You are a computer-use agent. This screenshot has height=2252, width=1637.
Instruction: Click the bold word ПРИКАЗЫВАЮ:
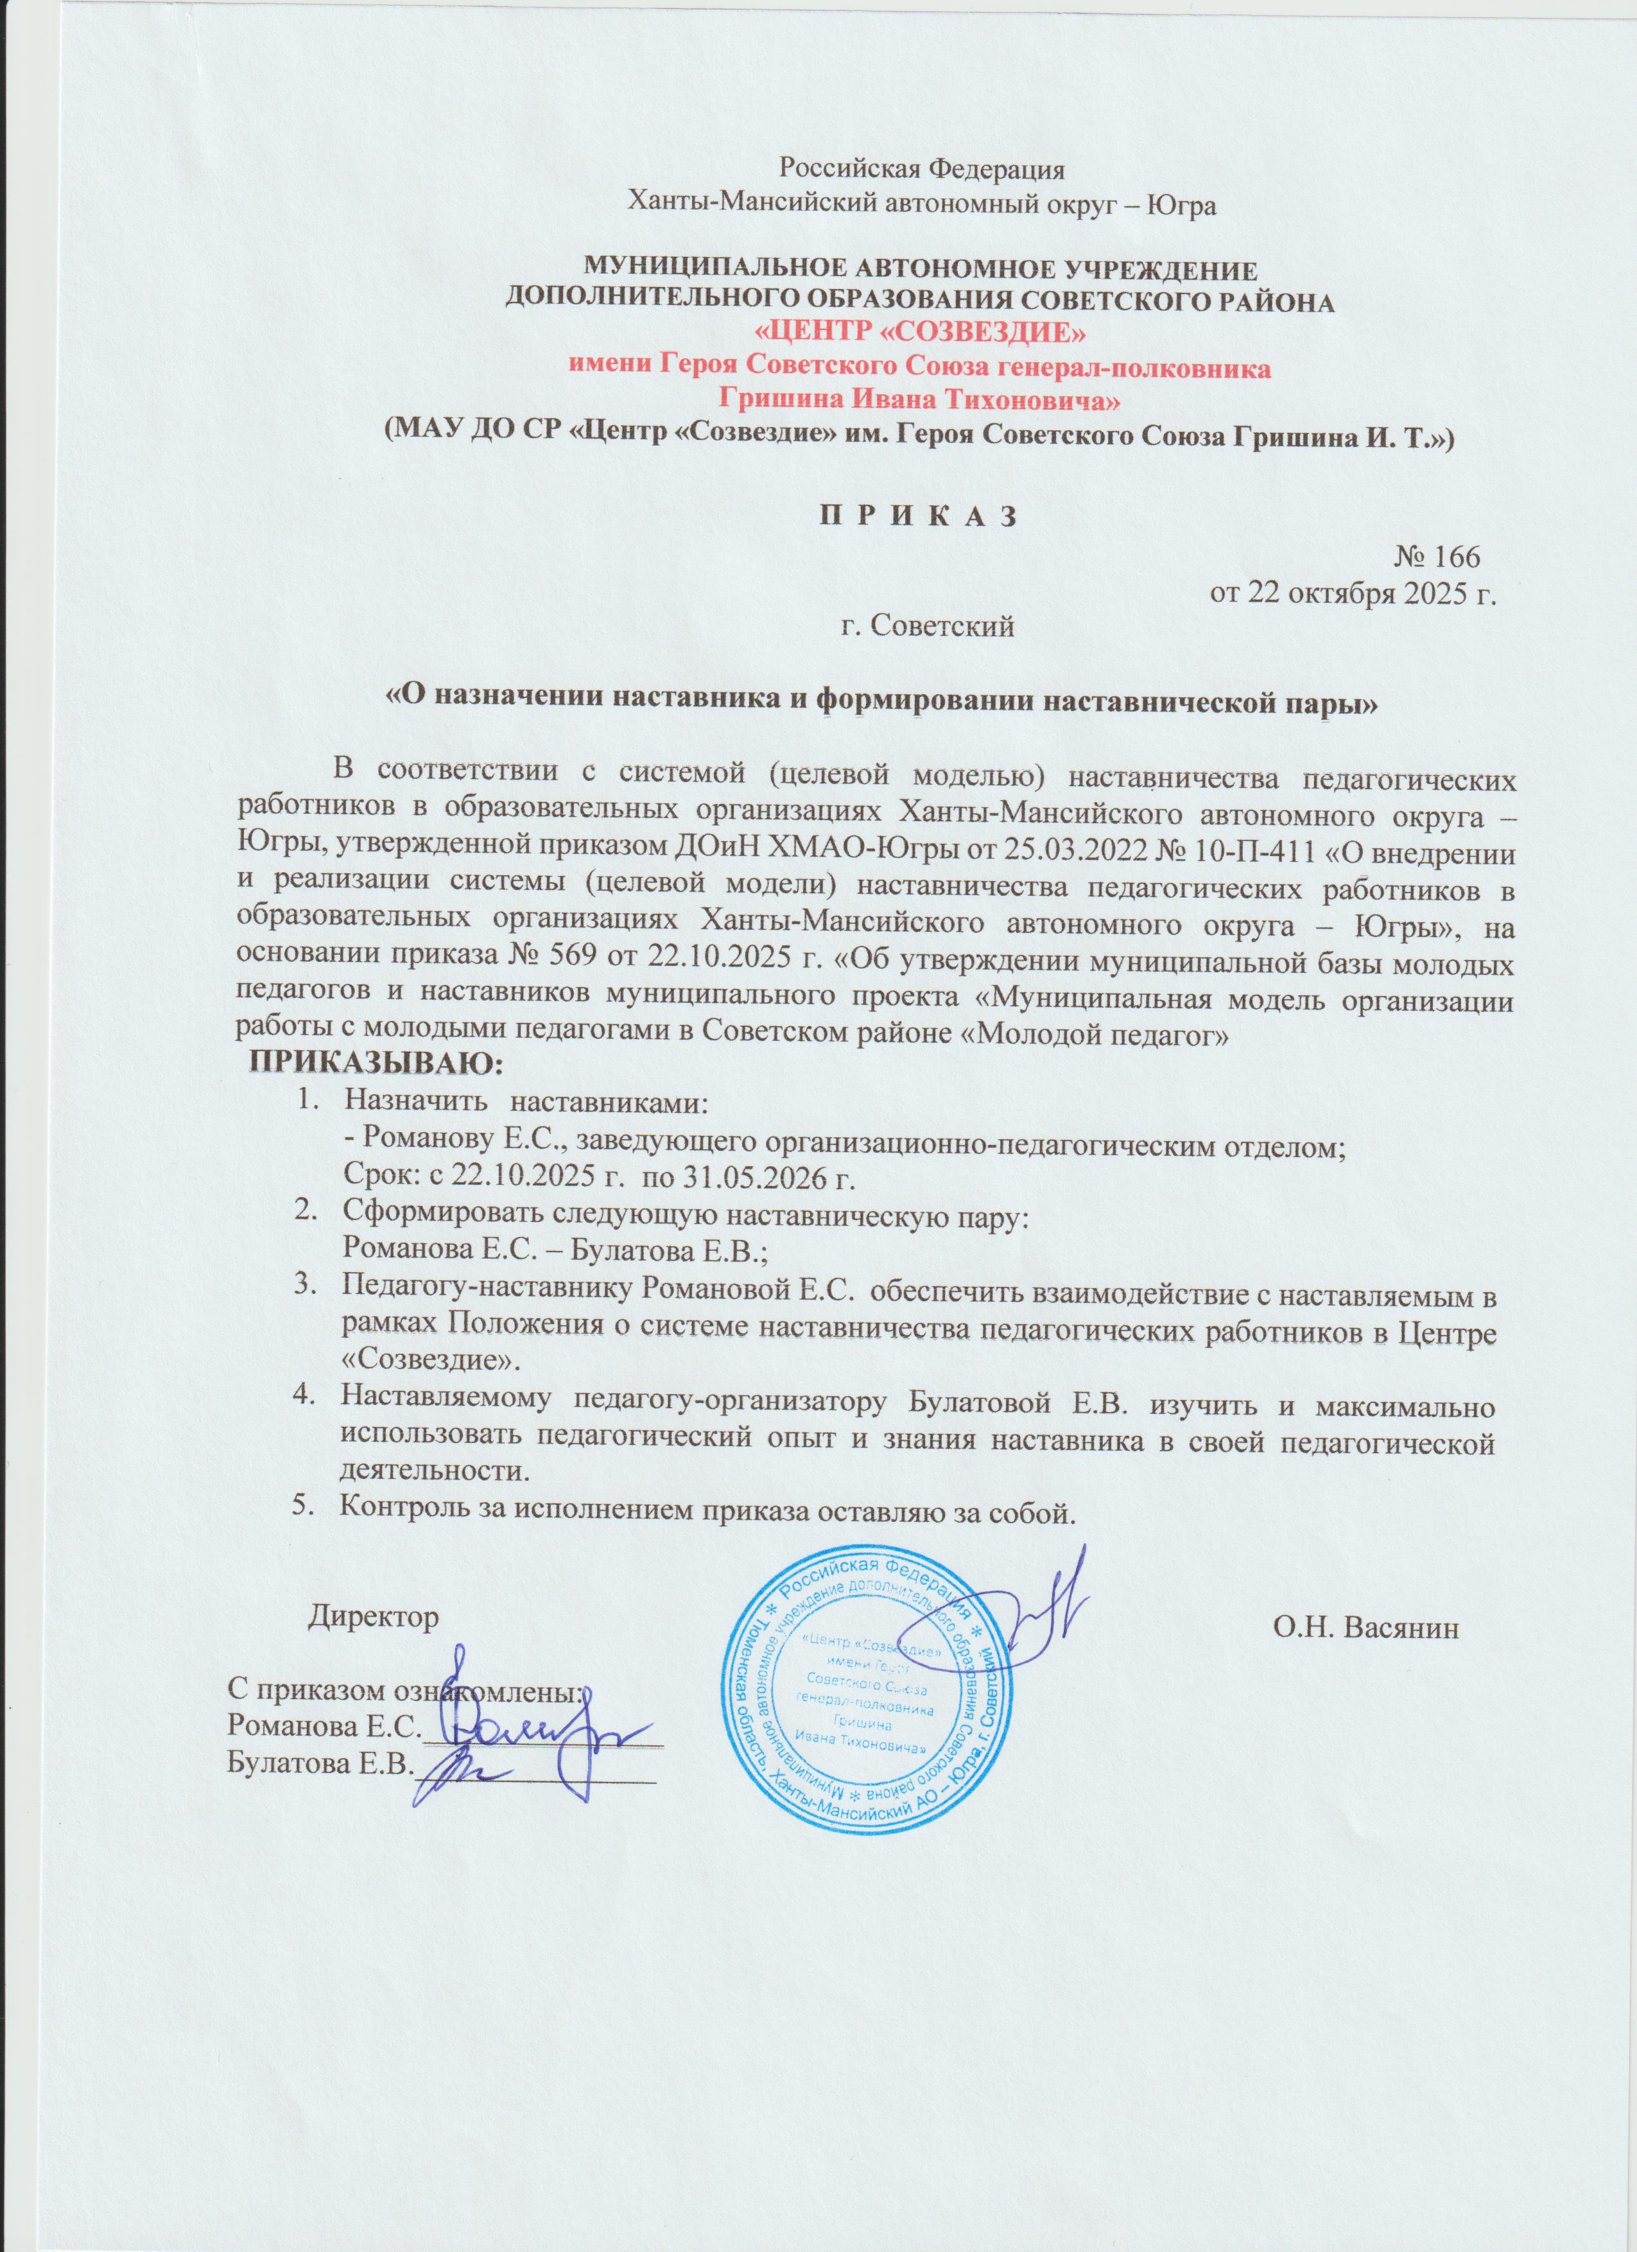pos(376,1065)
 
